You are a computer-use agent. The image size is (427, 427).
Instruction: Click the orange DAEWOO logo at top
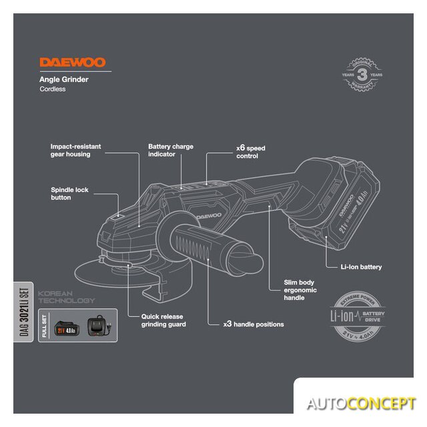click(72, 63)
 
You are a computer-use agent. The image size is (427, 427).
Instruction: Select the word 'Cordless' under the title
click(52, 89)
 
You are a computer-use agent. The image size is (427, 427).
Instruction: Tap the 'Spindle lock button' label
click(69, 193)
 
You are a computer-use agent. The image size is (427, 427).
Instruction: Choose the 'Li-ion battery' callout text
click(361, 267)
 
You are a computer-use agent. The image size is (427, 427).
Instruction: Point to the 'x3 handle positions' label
click(254, 324)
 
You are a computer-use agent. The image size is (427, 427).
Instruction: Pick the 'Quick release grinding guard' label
click(163, 320)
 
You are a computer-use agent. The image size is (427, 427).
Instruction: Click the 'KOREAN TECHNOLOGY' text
click(67, 297)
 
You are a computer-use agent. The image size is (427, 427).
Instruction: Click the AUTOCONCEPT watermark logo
click(361, 404)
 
